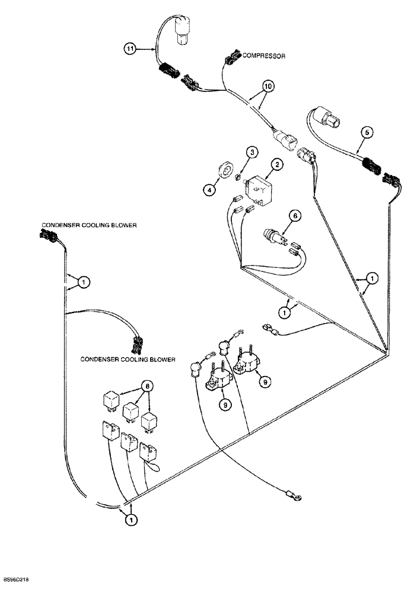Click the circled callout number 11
point(130,50)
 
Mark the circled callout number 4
point(208,190)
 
